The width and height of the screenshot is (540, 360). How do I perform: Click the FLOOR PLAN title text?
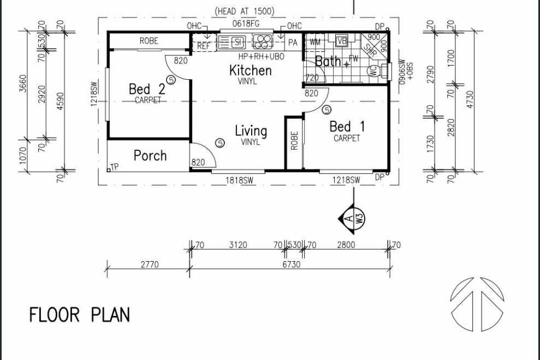click(79, 315)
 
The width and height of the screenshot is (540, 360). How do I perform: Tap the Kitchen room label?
click(250, 70)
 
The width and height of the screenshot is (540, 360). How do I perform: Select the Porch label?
click(150, 156)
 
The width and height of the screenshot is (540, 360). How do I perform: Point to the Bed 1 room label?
click(347, 127)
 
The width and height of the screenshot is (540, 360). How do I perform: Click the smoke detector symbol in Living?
click(219, 143)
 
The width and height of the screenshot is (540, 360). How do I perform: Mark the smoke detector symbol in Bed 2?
click(170, 80)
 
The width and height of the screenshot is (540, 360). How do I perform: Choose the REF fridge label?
click(204, 46)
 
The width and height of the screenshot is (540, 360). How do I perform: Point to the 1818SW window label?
click(238, 180)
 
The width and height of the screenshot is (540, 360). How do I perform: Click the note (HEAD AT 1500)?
click(245, 11)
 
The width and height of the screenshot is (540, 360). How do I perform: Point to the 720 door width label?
click(312, 78)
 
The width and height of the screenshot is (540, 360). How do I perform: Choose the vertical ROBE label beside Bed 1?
click(294, 141)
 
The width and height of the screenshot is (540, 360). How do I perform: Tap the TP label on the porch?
click(114, 167)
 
